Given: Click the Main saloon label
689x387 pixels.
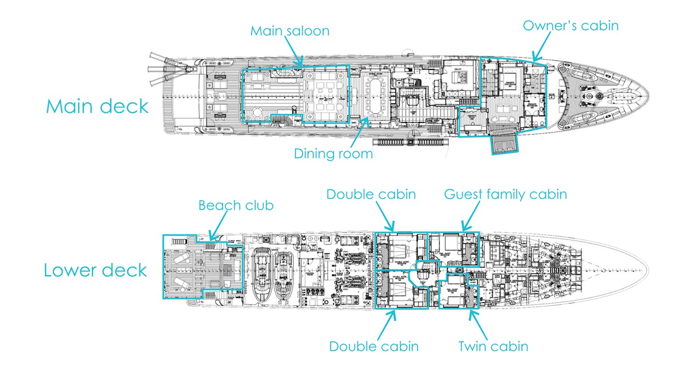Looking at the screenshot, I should (290, 31).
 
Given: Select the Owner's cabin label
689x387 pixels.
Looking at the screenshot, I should (571, 25).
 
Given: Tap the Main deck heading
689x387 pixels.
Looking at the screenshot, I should (97, 106).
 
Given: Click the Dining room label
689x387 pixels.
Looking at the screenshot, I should (333, 154).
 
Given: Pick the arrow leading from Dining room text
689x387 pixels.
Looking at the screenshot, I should (358, 132).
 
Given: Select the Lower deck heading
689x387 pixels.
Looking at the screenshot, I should (95, 270).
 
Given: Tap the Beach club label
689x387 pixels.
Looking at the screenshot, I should (236, 205).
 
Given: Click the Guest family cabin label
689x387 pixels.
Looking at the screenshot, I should (505, 193).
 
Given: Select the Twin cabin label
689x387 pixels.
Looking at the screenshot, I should (493, 346).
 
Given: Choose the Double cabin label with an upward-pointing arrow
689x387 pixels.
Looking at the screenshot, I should (374, 346).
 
